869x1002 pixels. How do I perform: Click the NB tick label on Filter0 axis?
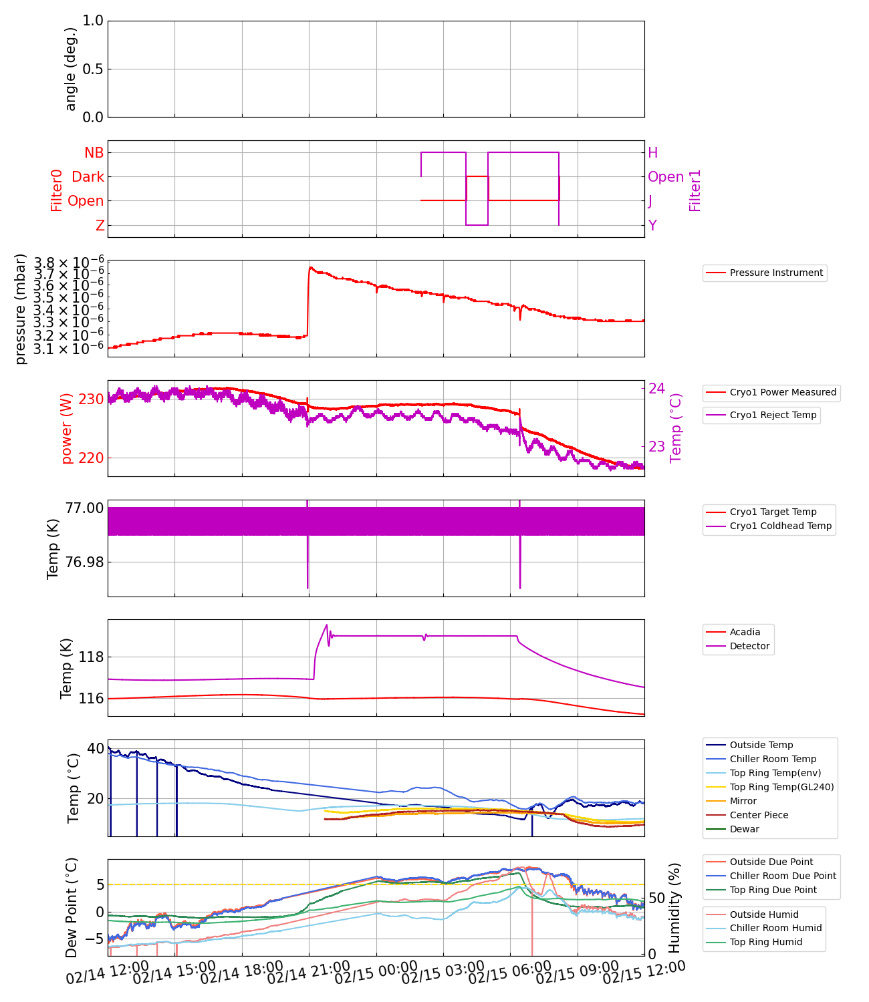tap(94, 153)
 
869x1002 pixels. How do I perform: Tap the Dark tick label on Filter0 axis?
tap(88, 177)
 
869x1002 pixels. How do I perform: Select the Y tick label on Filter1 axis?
tap(652, 226)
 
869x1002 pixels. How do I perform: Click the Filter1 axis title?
tap(695, 190)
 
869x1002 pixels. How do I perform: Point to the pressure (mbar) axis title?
tap(21, 309)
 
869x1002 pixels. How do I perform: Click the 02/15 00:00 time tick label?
tap(376, 977)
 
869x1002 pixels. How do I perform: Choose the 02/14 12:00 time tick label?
tap(107, 977)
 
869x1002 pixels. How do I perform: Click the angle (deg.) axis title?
tap(71, 69)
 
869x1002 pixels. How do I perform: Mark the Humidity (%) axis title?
tap(674, 907)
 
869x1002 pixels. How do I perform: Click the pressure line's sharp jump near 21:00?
tap(308, 301)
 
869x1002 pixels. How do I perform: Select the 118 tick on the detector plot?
tap(92, 657)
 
